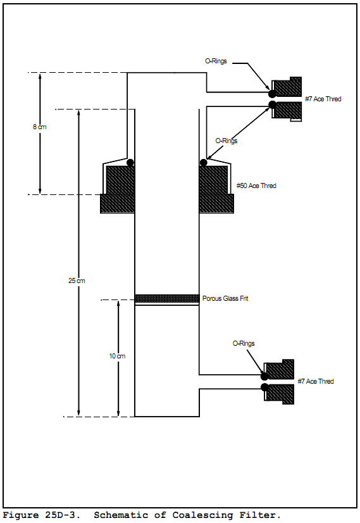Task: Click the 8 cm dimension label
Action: [39, 127]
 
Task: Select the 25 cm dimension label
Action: [77, 281]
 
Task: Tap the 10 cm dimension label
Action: [117, 356]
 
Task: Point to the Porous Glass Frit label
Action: [225, 298]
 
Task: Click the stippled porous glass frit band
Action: [167, 298]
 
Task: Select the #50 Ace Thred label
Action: [256, 186]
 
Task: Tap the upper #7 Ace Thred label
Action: [323, 99]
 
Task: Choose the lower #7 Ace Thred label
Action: [316, 381]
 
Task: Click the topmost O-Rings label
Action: [216, 61]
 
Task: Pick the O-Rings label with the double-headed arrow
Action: [227, 141]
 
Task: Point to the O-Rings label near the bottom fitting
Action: [244, 343]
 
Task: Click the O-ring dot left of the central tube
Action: [130, 163]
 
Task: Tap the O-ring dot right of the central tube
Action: [203, 163]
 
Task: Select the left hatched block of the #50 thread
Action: [118, 189]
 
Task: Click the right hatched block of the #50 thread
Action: [216, 189]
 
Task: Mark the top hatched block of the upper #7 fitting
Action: [287, 87]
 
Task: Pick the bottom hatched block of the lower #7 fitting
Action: [280, 394]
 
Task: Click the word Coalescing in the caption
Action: [202, 515]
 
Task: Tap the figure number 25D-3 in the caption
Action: [63, 515]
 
